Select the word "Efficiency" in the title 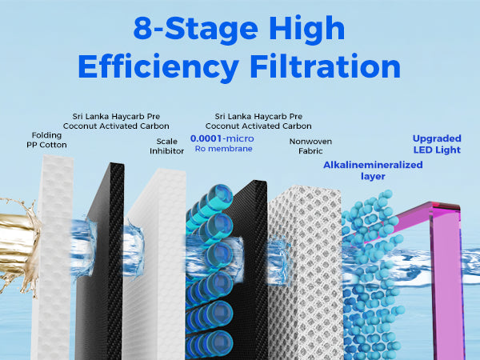[158, 67]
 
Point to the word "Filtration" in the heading [326, 66]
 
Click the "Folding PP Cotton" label [46, 140]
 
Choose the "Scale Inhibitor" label [167, 146]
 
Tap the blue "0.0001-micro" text [222, 138]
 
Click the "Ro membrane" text [224, 149]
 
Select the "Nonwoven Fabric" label [310, 146]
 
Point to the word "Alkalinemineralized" [373, 165]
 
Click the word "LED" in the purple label [426, 150]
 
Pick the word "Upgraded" [437, 138]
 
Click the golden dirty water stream [17, 245]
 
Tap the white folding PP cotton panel [54, 257]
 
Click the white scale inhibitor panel [156, 263]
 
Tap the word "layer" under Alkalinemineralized [373, 177]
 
